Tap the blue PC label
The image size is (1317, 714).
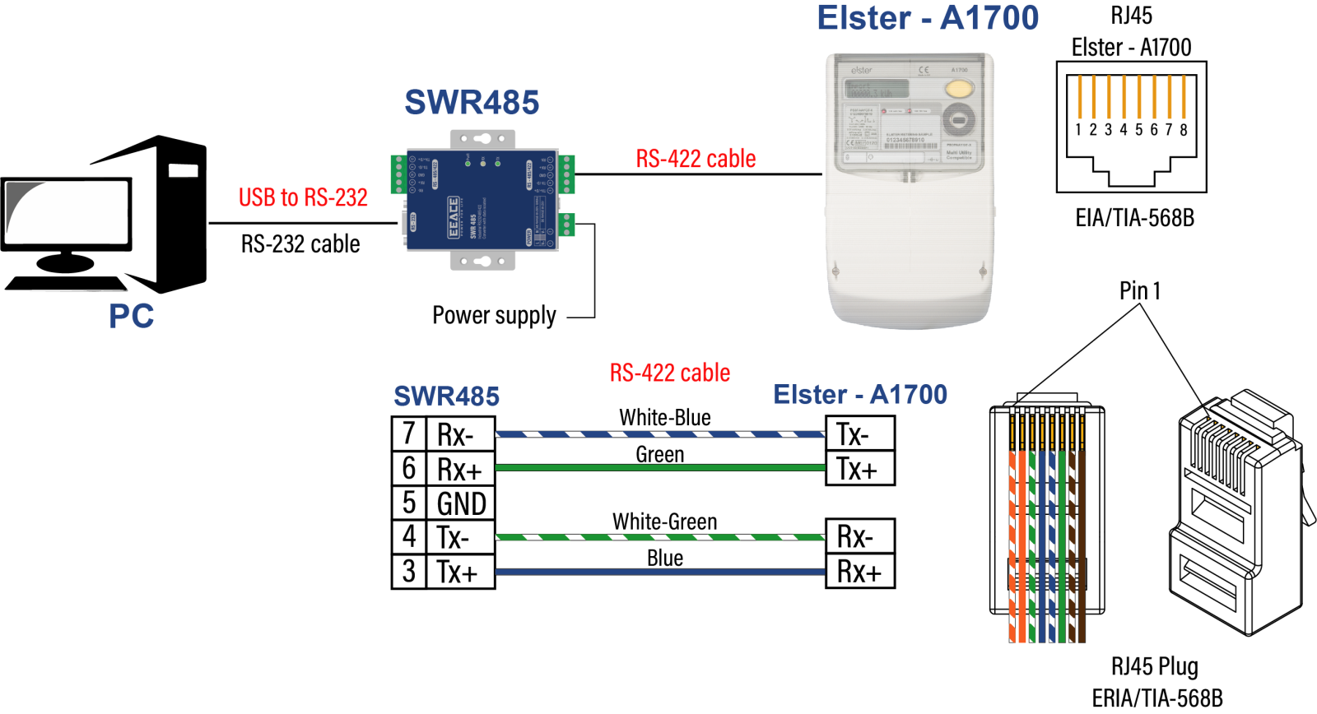coord(132,316)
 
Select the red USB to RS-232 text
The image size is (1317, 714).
coord(303,197)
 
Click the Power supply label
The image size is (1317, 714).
coord(494,315)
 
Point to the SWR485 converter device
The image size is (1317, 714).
coord(482,201)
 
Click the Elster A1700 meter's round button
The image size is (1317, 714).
coord(958,120)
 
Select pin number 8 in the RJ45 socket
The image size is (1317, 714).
coord(1184,129)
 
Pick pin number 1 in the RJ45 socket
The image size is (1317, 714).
coord(1078,129)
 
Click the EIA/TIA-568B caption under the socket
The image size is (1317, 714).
coord(1134,218)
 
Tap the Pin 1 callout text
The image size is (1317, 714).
coord(1140,290)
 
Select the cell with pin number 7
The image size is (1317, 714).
coord(409,433)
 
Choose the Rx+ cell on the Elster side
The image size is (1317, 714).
coord(859,572)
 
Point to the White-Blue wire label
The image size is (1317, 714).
coord(665,418)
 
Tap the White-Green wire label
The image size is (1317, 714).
coord(665,522)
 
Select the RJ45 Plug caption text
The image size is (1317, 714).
coord(1155,666)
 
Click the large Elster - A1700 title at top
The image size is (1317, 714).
coord(928,18)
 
